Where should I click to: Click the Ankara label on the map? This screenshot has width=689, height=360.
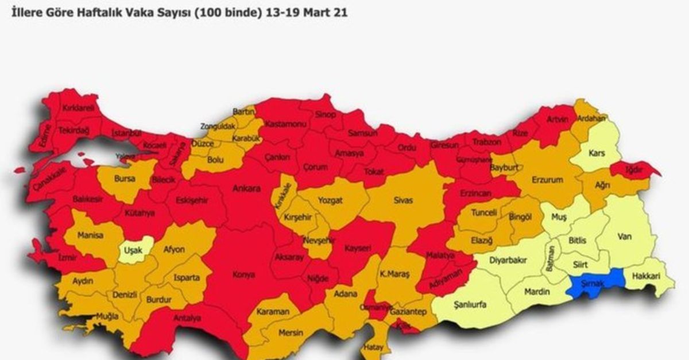pyautogui.click(x=246, y=188)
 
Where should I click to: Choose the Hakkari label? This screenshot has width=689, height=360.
pyautogui.click(x=645, y=276)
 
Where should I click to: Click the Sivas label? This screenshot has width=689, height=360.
pyautogui.click(x=403, y=201)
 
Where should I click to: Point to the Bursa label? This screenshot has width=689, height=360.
pyautogui.click(x=125, y=179)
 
